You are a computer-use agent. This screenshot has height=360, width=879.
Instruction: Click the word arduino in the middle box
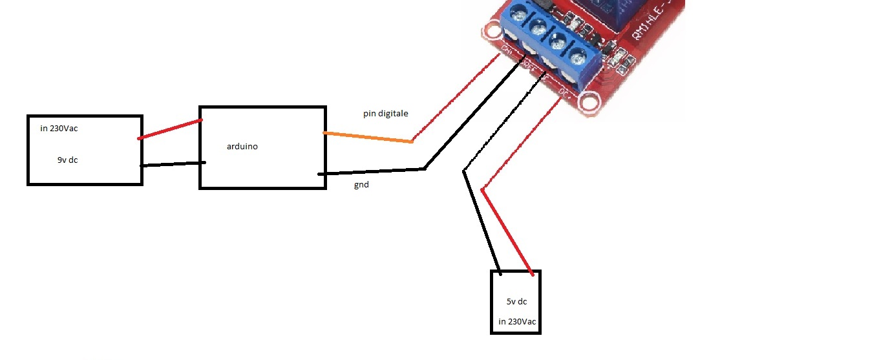242,147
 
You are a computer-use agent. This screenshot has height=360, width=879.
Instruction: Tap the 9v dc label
67,160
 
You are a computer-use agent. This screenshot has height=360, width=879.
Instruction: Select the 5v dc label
517,301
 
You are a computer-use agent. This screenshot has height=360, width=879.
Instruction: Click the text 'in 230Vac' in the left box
59,129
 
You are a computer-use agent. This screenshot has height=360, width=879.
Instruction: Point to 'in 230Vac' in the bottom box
517,322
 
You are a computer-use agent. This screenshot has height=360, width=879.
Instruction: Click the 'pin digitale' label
386,114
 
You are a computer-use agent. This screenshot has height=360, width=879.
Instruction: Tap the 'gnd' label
361,185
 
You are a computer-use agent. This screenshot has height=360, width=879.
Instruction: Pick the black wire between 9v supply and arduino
173,164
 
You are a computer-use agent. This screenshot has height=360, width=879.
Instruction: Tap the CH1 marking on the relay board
507,49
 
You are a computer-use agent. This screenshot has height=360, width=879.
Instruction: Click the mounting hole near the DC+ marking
588,101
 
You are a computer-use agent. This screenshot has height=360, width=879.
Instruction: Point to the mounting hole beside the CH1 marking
490,32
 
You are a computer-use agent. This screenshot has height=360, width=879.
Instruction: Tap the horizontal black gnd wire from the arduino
372,172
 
